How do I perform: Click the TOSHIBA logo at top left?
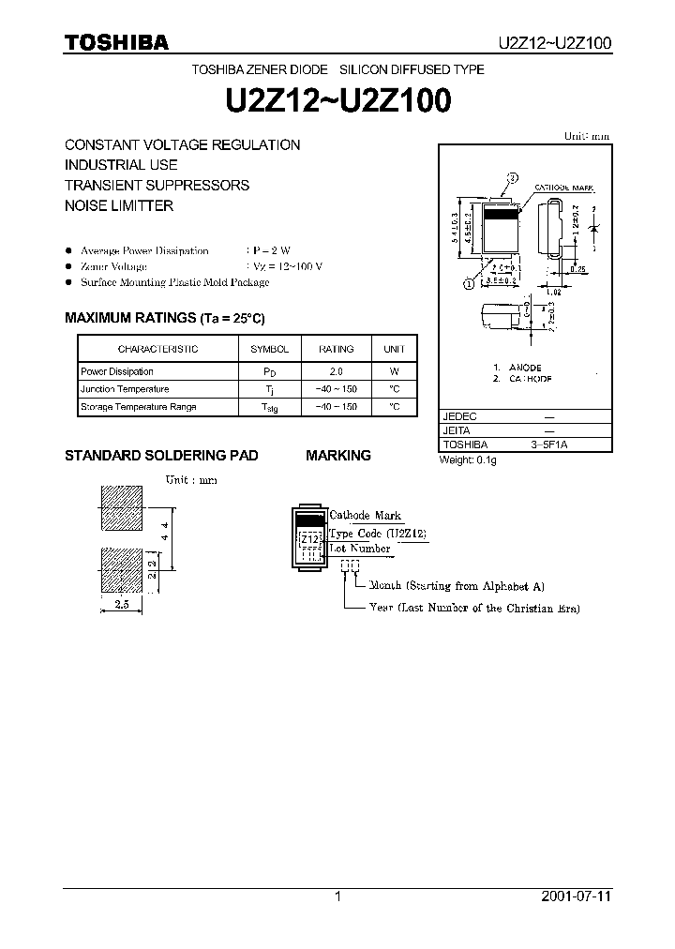coord(116,41)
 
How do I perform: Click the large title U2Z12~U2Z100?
coord(337,101)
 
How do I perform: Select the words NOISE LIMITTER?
coord(119,205)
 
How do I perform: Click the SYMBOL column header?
coord(270,349)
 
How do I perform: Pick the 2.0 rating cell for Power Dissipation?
coord(336,372)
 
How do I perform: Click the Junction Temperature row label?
coord(125,389)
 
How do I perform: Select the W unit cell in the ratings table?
coord(395,372)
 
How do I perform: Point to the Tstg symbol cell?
coord(270,407)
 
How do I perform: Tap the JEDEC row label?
coord(459,414)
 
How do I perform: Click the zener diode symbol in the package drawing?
coord(594,229)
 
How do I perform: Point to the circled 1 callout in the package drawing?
coord(467,280)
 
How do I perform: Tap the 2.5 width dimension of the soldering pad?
coord(122,605)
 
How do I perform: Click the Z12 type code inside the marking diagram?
coord(309,539)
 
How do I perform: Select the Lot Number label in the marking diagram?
coord(359,549)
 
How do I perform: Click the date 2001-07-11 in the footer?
coord(576,896)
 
